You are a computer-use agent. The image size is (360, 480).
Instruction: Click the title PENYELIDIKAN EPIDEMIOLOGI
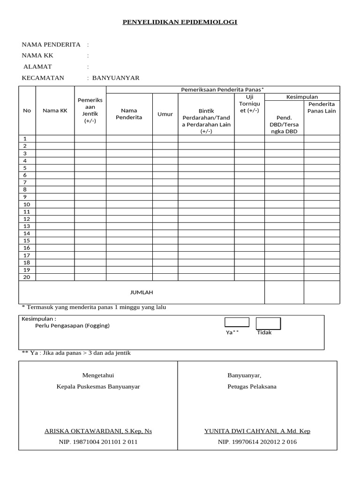pyautogui.click(x=180, y=22)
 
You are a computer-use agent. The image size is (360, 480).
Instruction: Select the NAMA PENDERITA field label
pyautogui.click(x=51, y=45)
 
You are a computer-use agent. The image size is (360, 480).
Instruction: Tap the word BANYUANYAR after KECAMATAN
pyautogui.click(x=116, y=78)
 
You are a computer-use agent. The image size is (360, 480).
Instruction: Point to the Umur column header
pyautogui.click(x=165, y=114)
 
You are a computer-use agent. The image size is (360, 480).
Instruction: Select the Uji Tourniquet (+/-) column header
pyautogui.click(x=249, y=104)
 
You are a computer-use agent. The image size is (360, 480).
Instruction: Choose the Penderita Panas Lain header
pyautogui.click(x=322, y=107)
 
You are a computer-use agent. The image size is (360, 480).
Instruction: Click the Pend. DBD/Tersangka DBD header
pyautogui.click(x=284, y=125)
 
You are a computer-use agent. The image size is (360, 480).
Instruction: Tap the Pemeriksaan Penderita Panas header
pyautogui.click(x=223, y=90)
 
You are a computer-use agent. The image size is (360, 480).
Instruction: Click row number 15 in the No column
pyautogui.click(x=27, y=240)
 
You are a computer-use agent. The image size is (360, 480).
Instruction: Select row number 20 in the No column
pyautogui.click(x=27, y=277)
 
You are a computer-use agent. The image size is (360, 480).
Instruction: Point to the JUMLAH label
pyautogui.click(x=142, y=292)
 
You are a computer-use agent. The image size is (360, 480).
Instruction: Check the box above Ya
pyautogui.click(x=237, y=322)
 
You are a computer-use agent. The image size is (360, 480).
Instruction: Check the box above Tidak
pyautogui.click(x=268, y=323)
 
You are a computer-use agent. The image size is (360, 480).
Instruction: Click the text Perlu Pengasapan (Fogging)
pyautogui.click(x=72, y=326)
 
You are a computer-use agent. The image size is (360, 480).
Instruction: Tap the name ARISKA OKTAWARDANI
pyautogui.click(x=98, y=431)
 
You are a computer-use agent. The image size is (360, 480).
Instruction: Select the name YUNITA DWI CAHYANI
pyautogui.click(x=257, y=431)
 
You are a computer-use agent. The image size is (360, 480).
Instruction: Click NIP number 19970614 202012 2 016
pyautogui.click(x=257, y=442)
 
